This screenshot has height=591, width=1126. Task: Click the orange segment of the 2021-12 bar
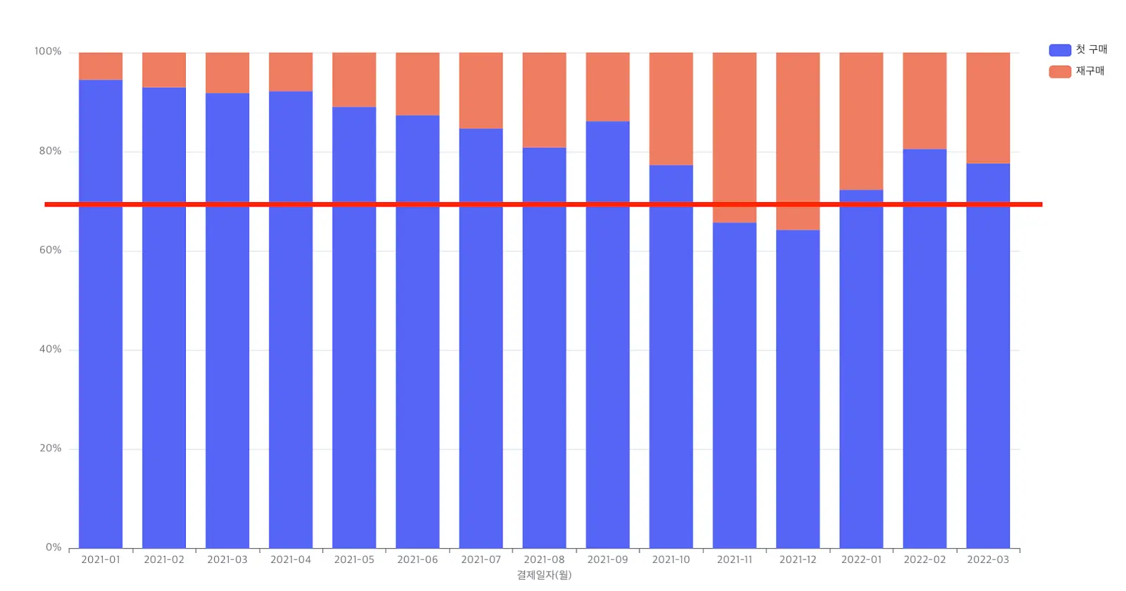pos(798,142)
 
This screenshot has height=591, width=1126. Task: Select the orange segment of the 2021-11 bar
pos(735,137)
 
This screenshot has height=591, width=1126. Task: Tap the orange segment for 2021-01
pos(101,66)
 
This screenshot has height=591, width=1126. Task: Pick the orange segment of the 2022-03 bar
pos(988,108)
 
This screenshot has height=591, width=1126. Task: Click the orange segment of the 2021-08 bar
pos(545,100)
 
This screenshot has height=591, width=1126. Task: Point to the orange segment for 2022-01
pos(861,121)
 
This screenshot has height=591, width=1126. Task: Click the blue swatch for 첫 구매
pos(1060,50)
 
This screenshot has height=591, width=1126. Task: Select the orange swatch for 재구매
pos(1060,71)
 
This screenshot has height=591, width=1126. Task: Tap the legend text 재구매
pos(1090,71)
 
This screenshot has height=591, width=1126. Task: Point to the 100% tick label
pos(48,51)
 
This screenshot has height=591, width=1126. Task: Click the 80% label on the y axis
pos(50,151)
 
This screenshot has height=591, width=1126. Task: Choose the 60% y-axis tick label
pos(50,250)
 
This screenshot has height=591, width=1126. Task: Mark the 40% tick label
pos(50,349)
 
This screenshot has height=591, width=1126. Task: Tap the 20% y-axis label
pos(50,448)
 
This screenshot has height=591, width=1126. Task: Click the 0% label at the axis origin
pos(53,547)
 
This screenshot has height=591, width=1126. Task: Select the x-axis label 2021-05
pos(354,560)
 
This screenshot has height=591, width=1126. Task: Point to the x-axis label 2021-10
pos(671,560)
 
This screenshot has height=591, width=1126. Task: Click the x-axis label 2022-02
pos(925,560)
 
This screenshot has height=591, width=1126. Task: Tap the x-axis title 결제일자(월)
pos(545,575)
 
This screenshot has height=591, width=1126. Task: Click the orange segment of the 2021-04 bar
pos(291,72)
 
